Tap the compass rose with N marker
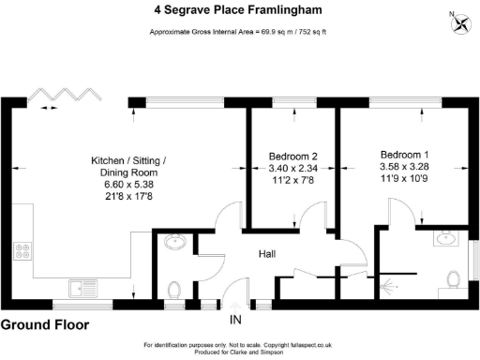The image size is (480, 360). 460,20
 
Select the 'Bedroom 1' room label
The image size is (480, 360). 405,154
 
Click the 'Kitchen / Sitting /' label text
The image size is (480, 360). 130,159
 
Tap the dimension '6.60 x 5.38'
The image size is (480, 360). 130,187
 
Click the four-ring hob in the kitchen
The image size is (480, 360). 22,252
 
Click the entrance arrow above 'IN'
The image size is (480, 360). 234,306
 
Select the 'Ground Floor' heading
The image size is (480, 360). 45,326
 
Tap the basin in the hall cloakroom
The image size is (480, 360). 172,245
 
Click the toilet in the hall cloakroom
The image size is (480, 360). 172,286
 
